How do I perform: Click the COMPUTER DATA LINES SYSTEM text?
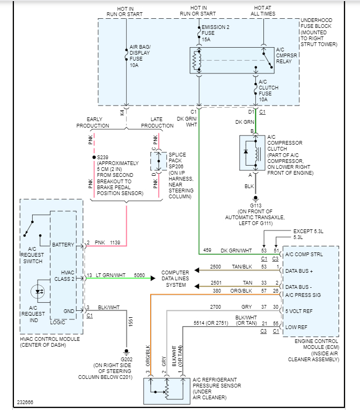175,279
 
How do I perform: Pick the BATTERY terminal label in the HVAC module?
64,244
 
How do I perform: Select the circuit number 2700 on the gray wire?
215,307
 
